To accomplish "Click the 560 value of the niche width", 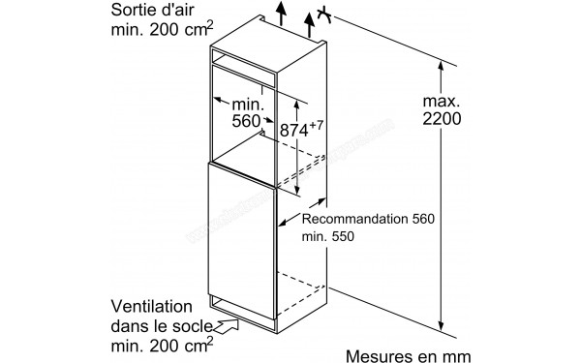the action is pyautogui.click(x=248, y=122).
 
